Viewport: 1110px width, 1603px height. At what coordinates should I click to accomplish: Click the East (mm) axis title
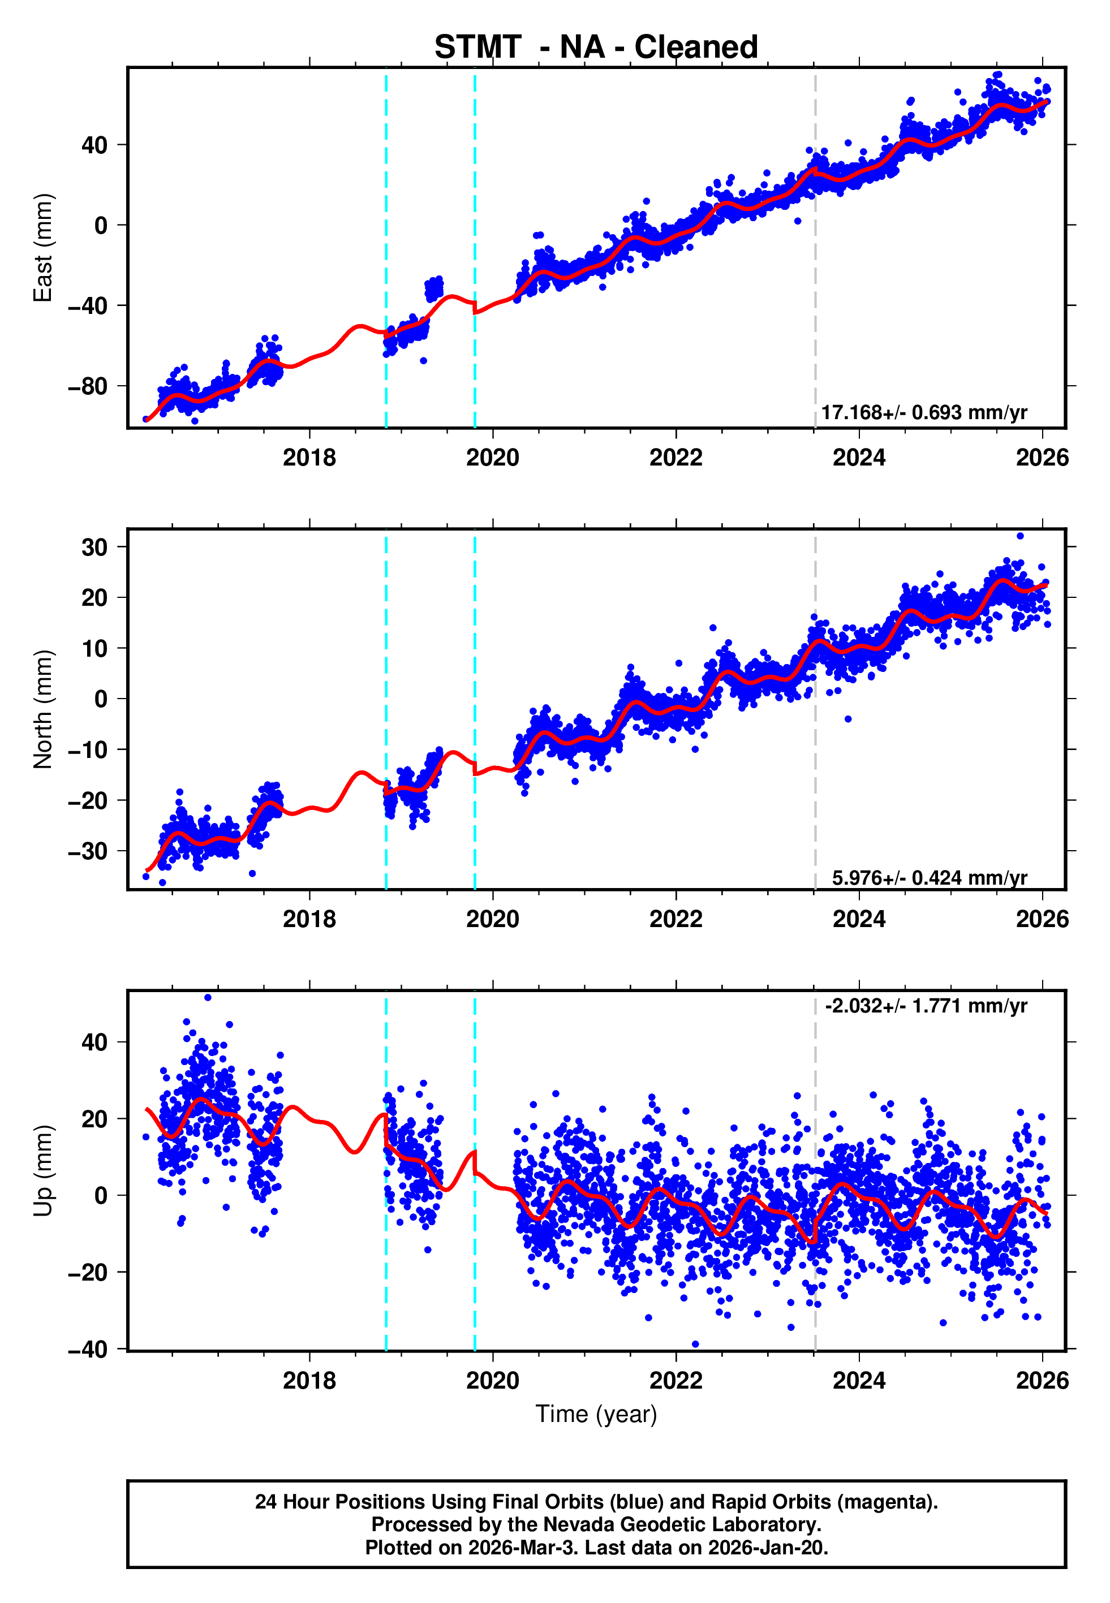click(x=43, y=248)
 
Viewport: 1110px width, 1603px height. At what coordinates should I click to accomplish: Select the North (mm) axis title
click(x=43, y=709)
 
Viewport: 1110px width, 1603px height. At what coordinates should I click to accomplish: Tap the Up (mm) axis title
click(x=43, y=1171)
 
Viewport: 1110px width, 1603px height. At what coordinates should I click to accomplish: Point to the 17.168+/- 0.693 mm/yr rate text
click(x=924, y=413)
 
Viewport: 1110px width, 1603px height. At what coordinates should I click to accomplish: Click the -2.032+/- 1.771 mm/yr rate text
click(x=926, y=1006)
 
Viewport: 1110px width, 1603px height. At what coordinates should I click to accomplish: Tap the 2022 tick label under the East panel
click(x=676, y=458)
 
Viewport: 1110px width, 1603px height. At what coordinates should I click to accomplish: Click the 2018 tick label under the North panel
click(x=309, y=919)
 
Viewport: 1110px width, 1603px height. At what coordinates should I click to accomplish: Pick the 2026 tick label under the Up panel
click(x=1042, y=1381)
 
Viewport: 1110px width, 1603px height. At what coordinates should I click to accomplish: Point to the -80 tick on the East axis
click(x=88, y=386)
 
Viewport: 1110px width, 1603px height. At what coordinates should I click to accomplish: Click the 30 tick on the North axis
click(x=94, y=547)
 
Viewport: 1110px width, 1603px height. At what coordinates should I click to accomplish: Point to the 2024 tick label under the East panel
click(x=859, y=458)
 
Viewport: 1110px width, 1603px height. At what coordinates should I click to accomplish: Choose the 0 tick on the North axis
click(x=101, y=699)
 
